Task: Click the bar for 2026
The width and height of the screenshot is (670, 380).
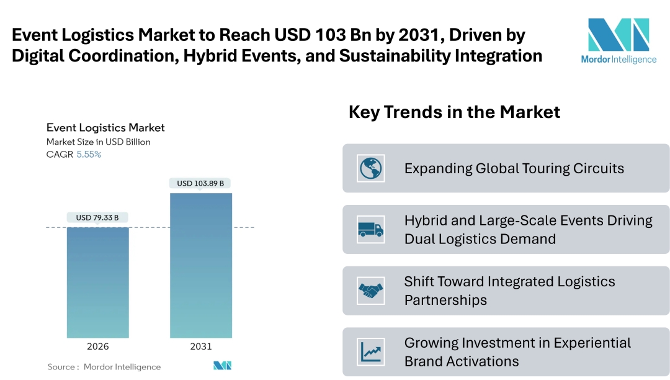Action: [x=98, y=283]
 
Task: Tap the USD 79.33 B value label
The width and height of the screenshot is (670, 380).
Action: [x=98, y=217]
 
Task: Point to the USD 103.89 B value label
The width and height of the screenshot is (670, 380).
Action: [x=200, y=183]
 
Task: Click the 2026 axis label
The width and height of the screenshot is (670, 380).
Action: [x=98, y=346]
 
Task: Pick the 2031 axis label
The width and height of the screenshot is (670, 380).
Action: [x=201, y=346]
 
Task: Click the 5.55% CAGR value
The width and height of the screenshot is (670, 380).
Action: [x=89, y=155]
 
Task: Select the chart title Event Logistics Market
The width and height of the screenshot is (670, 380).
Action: [x=105, y=128]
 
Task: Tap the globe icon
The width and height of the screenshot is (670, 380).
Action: [x=371, y=168]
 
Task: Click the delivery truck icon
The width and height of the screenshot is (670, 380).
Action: [x=371, y=229]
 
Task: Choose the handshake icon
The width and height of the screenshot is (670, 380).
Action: [x=371, y=291]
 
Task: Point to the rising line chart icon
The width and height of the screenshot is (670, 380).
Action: [x=371, y=351]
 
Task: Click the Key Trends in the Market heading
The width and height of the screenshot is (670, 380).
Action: [x=454, y=112]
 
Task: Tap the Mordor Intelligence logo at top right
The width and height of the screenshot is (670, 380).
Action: [x=618, y=40]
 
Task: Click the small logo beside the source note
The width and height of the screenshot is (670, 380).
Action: [x=222, y=366]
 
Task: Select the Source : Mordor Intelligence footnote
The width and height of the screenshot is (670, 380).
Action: [x=104, y=367]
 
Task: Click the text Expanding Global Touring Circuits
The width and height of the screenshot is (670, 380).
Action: [x=514, y=168]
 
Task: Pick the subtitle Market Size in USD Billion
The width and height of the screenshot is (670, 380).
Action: [x=99, y=142]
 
